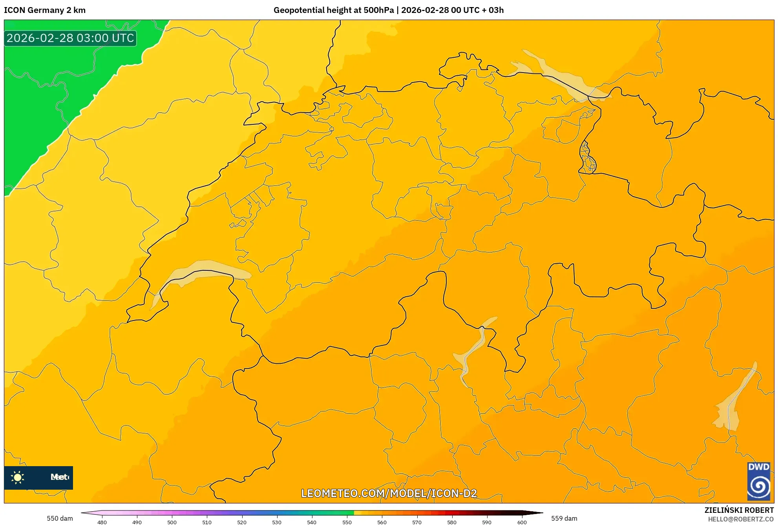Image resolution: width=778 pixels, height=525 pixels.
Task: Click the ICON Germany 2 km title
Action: (x=45, y=10)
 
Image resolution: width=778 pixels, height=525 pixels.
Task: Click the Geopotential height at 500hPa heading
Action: (x=333, y=10)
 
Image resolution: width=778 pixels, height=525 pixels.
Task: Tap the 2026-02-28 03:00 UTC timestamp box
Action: (x=70, y=38)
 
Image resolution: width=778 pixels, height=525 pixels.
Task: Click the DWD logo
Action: (x=758, y=481)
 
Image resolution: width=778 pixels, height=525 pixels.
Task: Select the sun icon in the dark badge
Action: (x=18, y=478)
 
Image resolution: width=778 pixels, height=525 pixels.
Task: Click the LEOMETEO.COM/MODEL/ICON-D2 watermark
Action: (x=389, y=494)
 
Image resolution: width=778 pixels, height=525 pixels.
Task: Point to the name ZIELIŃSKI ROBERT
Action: (x=739, y=510)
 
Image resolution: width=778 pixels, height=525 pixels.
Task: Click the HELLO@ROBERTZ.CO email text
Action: (x=740, y=519)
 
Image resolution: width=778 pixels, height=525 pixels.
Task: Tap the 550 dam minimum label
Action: (x=60, y=518)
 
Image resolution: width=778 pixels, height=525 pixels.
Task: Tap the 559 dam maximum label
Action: (x=564, y=518)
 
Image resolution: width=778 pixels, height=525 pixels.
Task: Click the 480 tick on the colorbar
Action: (x=102, y=522)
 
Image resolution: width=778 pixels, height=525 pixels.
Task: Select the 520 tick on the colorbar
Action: (x=242, y=522)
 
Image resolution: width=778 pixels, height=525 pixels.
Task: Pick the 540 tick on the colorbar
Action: (x=312, y=522)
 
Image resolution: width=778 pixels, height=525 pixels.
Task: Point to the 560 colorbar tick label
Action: (x=382, y=522)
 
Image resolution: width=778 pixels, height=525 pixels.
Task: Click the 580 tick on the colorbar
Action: (x=452, y=522)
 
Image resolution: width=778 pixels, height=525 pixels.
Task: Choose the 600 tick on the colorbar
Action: (x=522, y=522)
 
